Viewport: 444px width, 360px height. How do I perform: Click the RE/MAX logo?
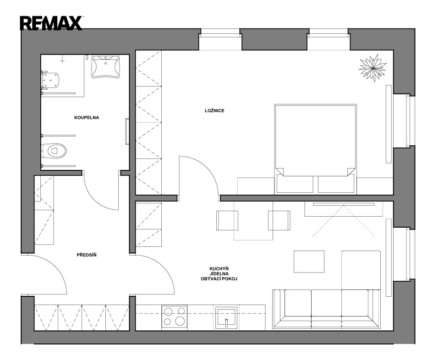[51, 23]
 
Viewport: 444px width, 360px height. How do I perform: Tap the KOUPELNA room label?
[87, 117]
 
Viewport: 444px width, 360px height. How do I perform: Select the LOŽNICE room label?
[214, 111]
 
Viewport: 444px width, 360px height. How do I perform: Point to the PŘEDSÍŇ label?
[87, 255]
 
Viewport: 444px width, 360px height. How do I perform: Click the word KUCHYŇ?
[219, 268]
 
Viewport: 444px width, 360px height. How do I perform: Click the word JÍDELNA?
[219, 274]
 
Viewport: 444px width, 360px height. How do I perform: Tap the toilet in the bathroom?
[54, 150]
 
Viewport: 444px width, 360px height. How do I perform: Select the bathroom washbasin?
[106, 66]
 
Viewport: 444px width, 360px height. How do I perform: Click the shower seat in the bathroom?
[50, 81]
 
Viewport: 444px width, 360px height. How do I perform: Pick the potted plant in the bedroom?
[373, 68]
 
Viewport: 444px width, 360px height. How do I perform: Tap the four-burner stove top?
[175, 316]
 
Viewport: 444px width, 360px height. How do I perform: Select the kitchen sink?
[226, 317]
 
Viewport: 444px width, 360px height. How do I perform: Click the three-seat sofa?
[327, 309]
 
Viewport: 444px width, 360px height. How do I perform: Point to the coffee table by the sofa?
[309, 262]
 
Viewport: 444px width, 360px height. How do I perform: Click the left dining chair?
[227, 220]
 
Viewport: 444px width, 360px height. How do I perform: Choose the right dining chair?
[279, 220]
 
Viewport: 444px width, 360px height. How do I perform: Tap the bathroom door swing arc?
[94, 200]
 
